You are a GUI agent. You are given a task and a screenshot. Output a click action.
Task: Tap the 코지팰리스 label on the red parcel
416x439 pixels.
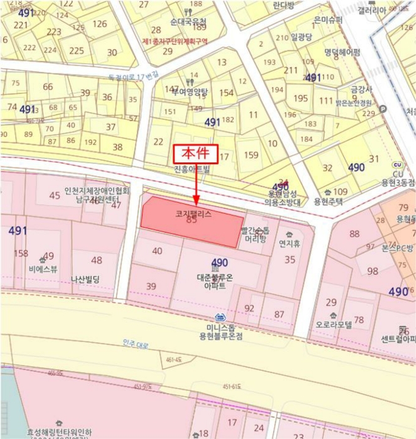[194, 214]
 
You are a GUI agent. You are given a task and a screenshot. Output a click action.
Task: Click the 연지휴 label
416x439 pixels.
[289, 242]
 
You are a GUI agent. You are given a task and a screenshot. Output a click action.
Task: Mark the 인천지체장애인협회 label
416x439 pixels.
[97, 191]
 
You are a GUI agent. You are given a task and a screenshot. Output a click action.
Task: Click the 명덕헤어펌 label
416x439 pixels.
[343, 52]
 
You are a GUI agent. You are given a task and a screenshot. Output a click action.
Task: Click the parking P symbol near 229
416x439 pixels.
[383, 109]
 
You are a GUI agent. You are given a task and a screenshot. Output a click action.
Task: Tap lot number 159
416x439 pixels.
[251, 154]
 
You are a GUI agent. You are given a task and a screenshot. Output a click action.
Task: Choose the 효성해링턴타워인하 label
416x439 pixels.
[60, 432]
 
